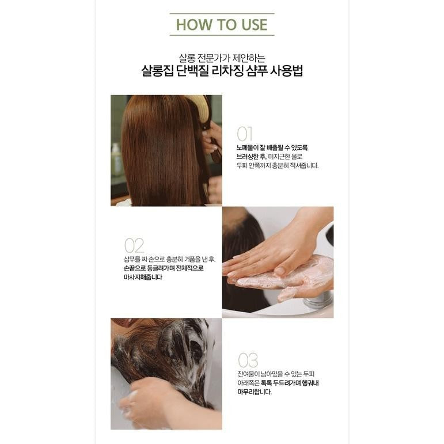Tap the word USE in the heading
click(255, 25)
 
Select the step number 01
click(244, 134)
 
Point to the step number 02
click(134, 245)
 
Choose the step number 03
click(248, 360)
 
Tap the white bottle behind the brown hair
click(116, 160)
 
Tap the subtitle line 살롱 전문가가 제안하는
click(222, 58)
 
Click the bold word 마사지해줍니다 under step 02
click(143, 277)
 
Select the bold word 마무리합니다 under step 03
click(255, 392)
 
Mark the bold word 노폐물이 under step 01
click(247, 148)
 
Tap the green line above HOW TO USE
click(222, 14)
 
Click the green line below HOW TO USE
click(222, 35)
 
